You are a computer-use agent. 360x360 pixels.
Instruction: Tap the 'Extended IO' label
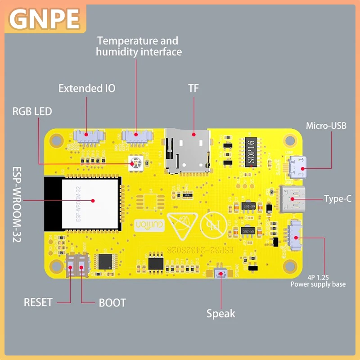(87, 88)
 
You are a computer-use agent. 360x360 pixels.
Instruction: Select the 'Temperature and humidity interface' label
(139, 46)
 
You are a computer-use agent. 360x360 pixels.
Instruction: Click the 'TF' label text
(193, 88)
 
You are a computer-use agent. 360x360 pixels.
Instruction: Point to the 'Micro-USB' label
(326, 126)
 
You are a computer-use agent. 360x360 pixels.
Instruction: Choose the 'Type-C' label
(337, 198)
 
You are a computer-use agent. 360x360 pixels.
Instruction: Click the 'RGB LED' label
(32, 111)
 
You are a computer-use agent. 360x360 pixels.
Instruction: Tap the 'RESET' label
(38, 302)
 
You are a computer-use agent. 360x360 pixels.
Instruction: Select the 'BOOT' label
(112, 302)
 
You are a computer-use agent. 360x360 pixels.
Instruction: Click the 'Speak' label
(220, 314)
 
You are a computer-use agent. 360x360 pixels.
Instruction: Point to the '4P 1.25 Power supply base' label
(318, 281)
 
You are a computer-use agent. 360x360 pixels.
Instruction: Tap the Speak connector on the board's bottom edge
(220, 274)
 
